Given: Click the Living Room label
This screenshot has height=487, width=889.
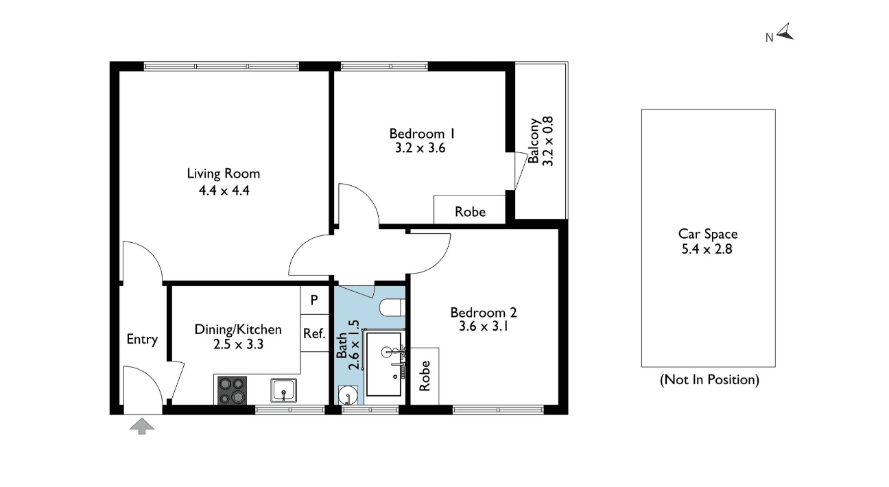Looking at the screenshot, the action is pyautogui.click(x=224, y=174).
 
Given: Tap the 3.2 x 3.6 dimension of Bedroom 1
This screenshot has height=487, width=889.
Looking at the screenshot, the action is pyautogui.click(x=420, y=148).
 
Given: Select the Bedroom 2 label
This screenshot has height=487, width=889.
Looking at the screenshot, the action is pyautogui.click(x=484, y=312).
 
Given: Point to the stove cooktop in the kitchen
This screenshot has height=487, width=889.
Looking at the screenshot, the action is pyautogui.click(x=232, y=390).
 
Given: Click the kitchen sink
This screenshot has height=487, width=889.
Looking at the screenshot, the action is pyautogui.click(x=283, y=390).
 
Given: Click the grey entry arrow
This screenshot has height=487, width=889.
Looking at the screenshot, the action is pyautogui.click(x=142, y=426).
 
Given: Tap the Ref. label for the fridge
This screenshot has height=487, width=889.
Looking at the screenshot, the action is pyautogui.click(x=314, y=333).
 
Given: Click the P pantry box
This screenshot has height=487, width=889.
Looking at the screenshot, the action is pyautogui.click(x=314, y=300).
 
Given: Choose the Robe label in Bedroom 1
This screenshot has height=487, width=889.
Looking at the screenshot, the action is pyautogui.click(x=470, y=212).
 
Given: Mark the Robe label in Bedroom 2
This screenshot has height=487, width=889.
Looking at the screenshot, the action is pyautogui.click(x=425, y=375).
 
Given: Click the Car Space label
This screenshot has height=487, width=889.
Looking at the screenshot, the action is pyautogui.click(x=708, y=234).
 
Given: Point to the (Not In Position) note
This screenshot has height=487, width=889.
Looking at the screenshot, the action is pyautogui.click(x=709, y=380).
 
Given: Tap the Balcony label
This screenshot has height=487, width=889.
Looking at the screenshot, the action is pyautogui.click(x=534, y=141).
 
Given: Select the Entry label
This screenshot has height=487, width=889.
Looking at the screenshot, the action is pyautogui.click(x=142, y=340).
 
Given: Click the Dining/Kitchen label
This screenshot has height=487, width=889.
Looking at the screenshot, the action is pyautogui.click(x=238, y=329).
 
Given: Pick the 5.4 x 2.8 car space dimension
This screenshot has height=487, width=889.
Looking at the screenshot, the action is pyautogui.click(x=707, y=249).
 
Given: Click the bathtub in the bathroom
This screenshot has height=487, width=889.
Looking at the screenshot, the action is pyautogui.click(x=383, y=364).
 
